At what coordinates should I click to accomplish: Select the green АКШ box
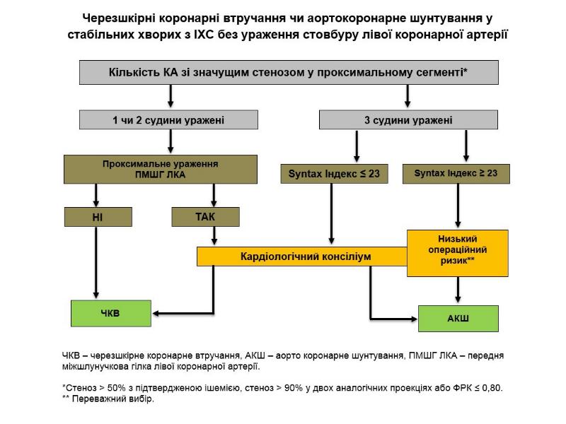click(x=458, y=319)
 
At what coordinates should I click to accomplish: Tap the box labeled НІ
click(x=97, y=217)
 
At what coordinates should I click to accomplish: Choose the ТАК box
click(x=205, y=217)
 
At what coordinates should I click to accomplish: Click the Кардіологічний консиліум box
click(x=301, y=257)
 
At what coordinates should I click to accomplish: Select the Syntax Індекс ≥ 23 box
click(x=455, y=172)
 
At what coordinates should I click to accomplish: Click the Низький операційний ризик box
click(x=458, y=252)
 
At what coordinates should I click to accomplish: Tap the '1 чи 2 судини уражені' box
click(x=168, y=120)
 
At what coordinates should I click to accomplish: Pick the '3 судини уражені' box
click(x=408, y=120)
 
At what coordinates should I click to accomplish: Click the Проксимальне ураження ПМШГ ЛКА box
click(x=159, y=169)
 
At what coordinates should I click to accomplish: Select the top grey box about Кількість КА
click(x=288, y=72)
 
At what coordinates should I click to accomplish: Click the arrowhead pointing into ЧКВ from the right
click(x=158, y=313)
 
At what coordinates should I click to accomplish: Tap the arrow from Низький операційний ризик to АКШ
click(x=458, y=290)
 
